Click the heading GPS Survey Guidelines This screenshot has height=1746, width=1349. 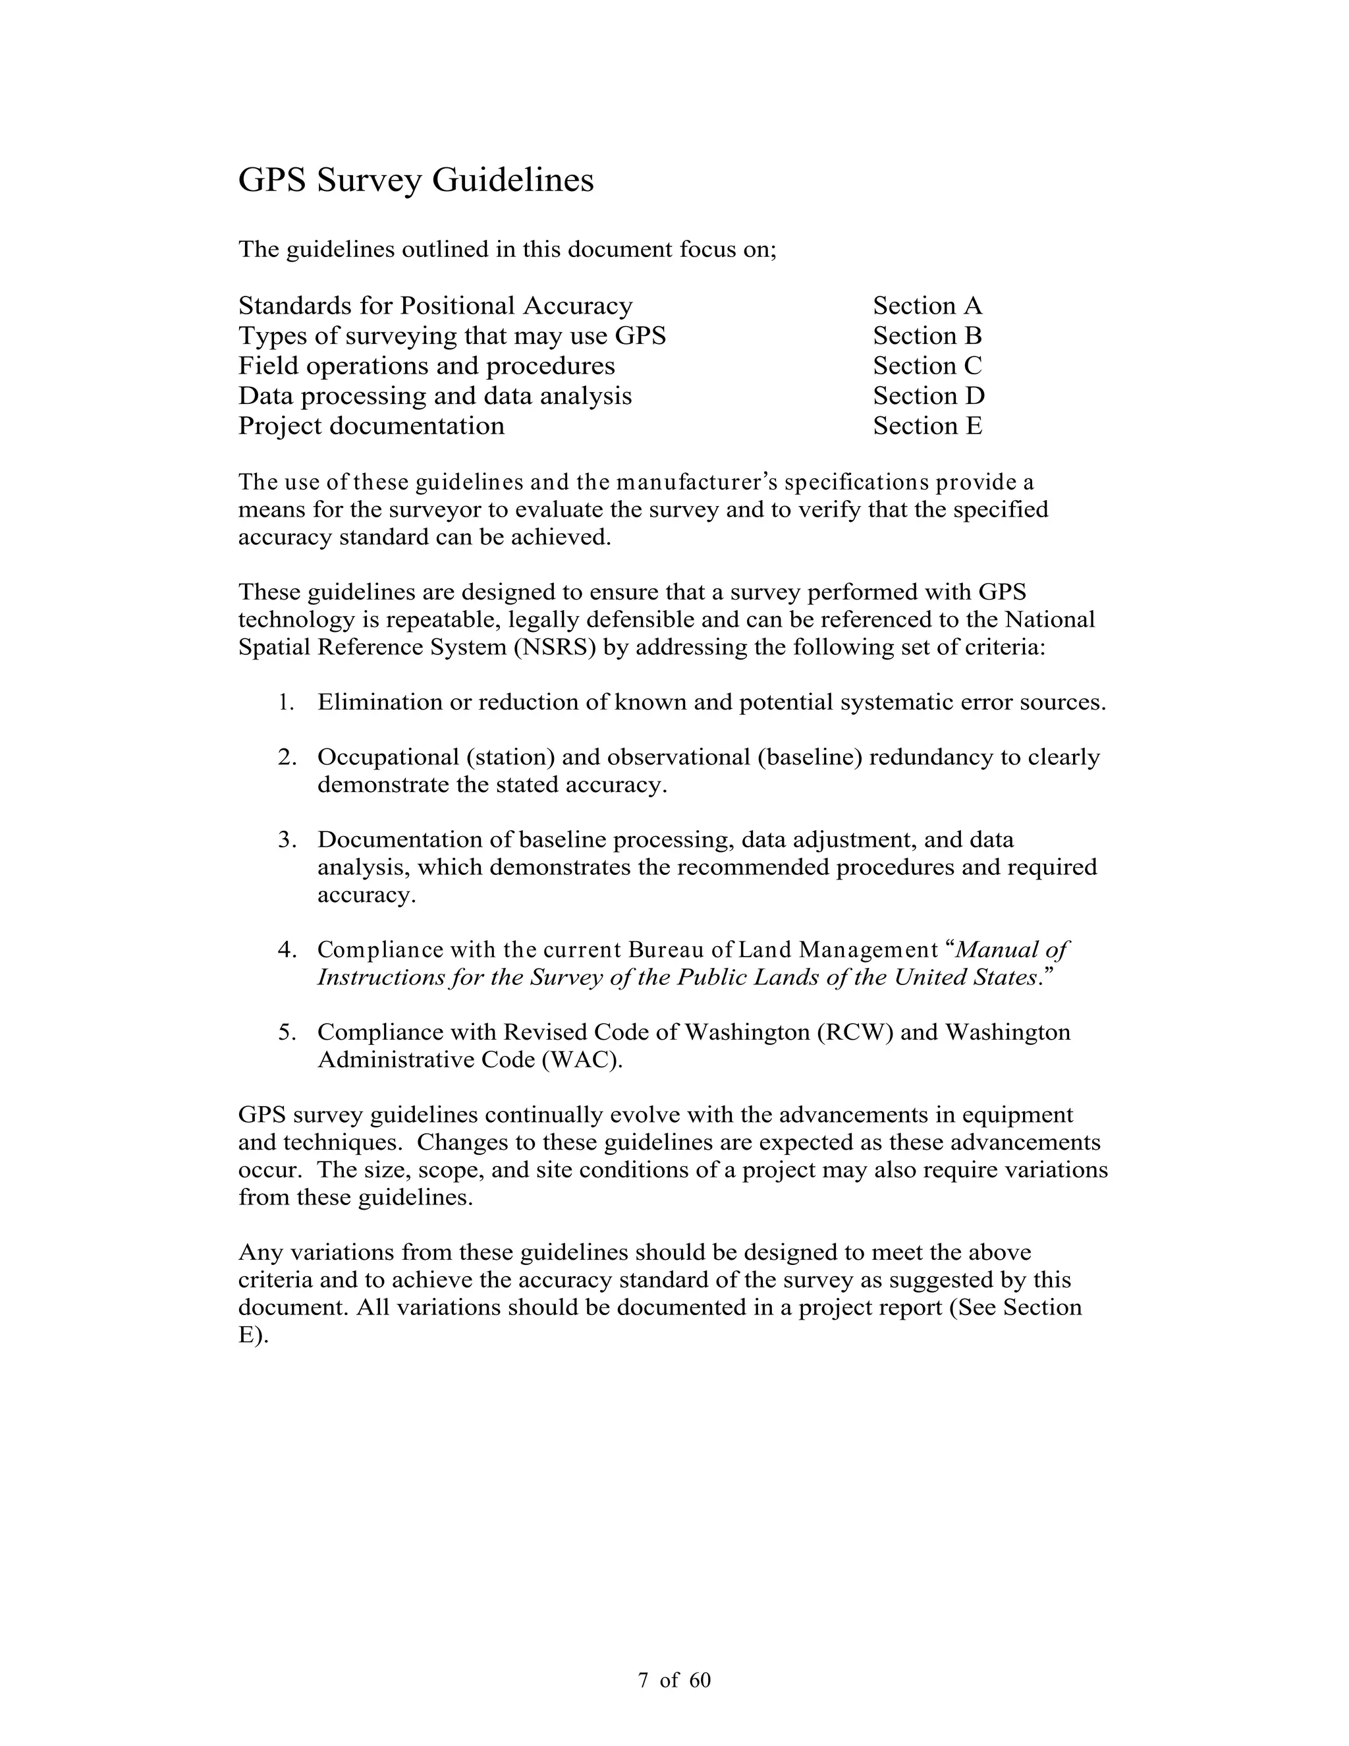[x=416, y=180]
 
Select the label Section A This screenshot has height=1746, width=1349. [x=927, y=306]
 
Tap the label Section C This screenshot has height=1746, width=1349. [x=927, y=366]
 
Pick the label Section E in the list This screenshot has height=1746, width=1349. [x=927, y=426]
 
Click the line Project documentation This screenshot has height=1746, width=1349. [x=371, y=426]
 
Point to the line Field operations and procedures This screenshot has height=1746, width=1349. [x=426, y=366]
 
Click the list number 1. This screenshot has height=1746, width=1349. [x=286, y=703]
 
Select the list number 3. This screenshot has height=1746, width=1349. [x=287, y=840]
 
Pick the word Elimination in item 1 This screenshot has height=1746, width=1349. [x=379, y=703]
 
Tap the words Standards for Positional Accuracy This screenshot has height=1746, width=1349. [x=435, y=306]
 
